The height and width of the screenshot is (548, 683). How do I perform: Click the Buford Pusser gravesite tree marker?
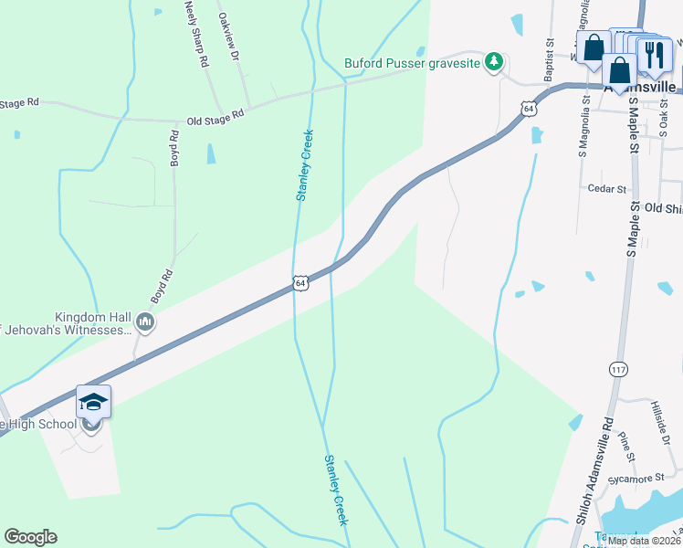pyautogui.click(x=494, y=62)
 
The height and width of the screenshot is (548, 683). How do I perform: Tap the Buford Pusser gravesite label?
pyautogui.click(x=412, y=63)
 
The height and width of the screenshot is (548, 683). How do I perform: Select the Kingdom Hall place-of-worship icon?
pyautogui.click(x=144, y=321)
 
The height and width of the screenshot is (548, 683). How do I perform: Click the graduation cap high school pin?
pyautogui.click(x=93, y=402)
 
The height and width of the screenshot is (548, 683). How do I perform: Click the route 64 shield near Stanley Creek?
pyautogui.click(x=299, y=283)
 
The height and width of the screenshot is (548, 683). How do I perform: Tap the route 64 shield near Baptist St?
pyautogui.click(x=529, y=108)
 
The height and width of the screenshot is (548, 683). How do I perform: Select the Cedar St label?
pyautogui.click(x=607, y=189)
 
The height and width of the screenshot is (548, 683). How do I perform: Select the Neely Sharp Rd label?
pyautogui.click(x=197, y=32)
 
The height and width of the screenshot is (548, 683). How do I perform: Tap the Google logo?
pyautogui.click(x=30, y=537)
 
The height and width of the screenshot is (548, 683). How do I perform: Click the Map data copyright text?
pyautogui.click(x=645, y=540)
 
